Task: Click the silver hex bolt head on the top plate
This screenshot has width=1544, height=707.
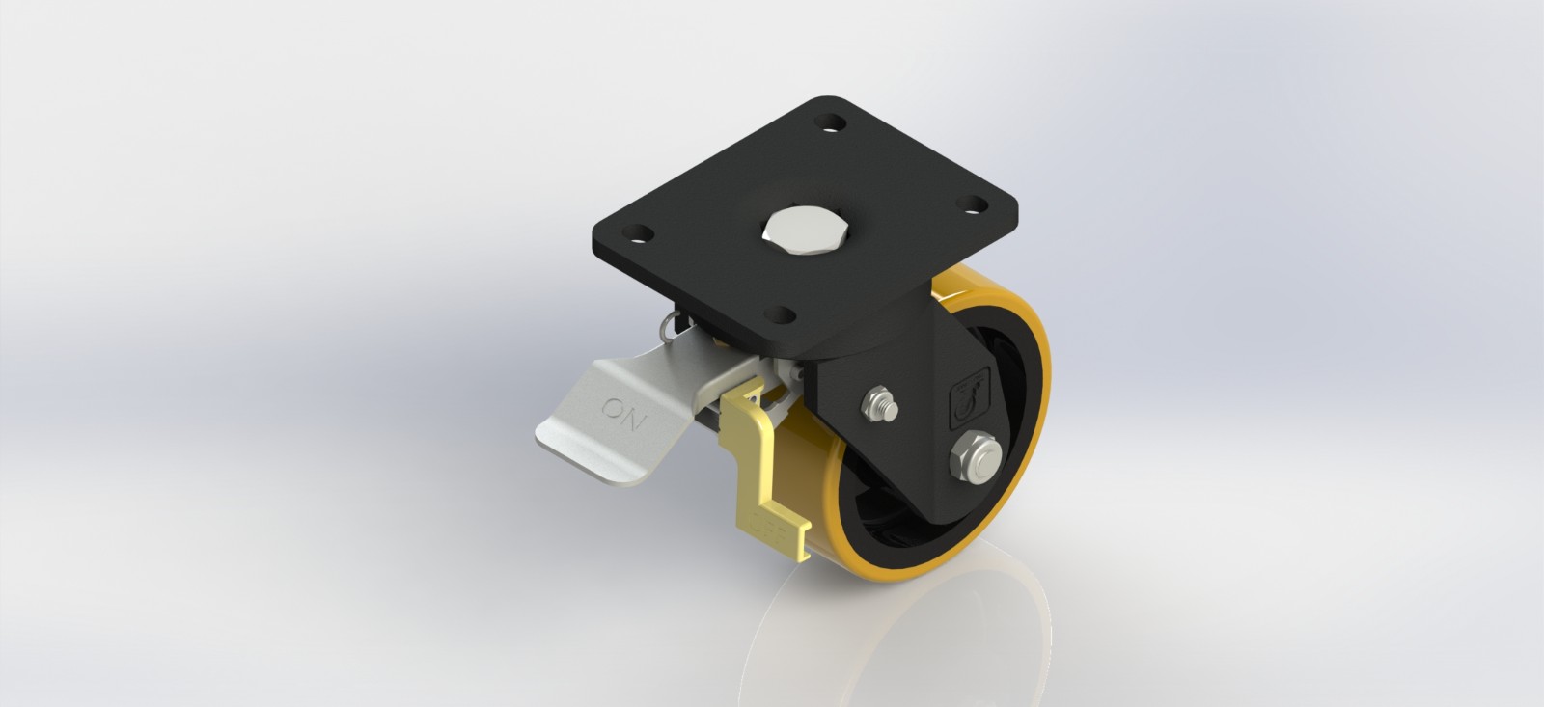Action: point(806,231)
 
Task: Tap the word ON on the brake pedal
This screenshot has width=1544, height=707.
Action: point(624,413)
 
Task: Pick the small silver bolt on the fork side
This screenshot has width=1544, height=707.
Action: point(880,404)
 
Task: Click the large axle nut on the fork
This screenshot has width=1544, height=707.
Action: point(976,457)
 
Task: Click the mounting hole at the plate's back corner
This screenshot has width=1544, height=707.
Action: point(830,123)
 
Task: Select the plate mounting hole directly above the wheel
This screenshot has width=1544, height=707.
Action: point(974,204)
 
